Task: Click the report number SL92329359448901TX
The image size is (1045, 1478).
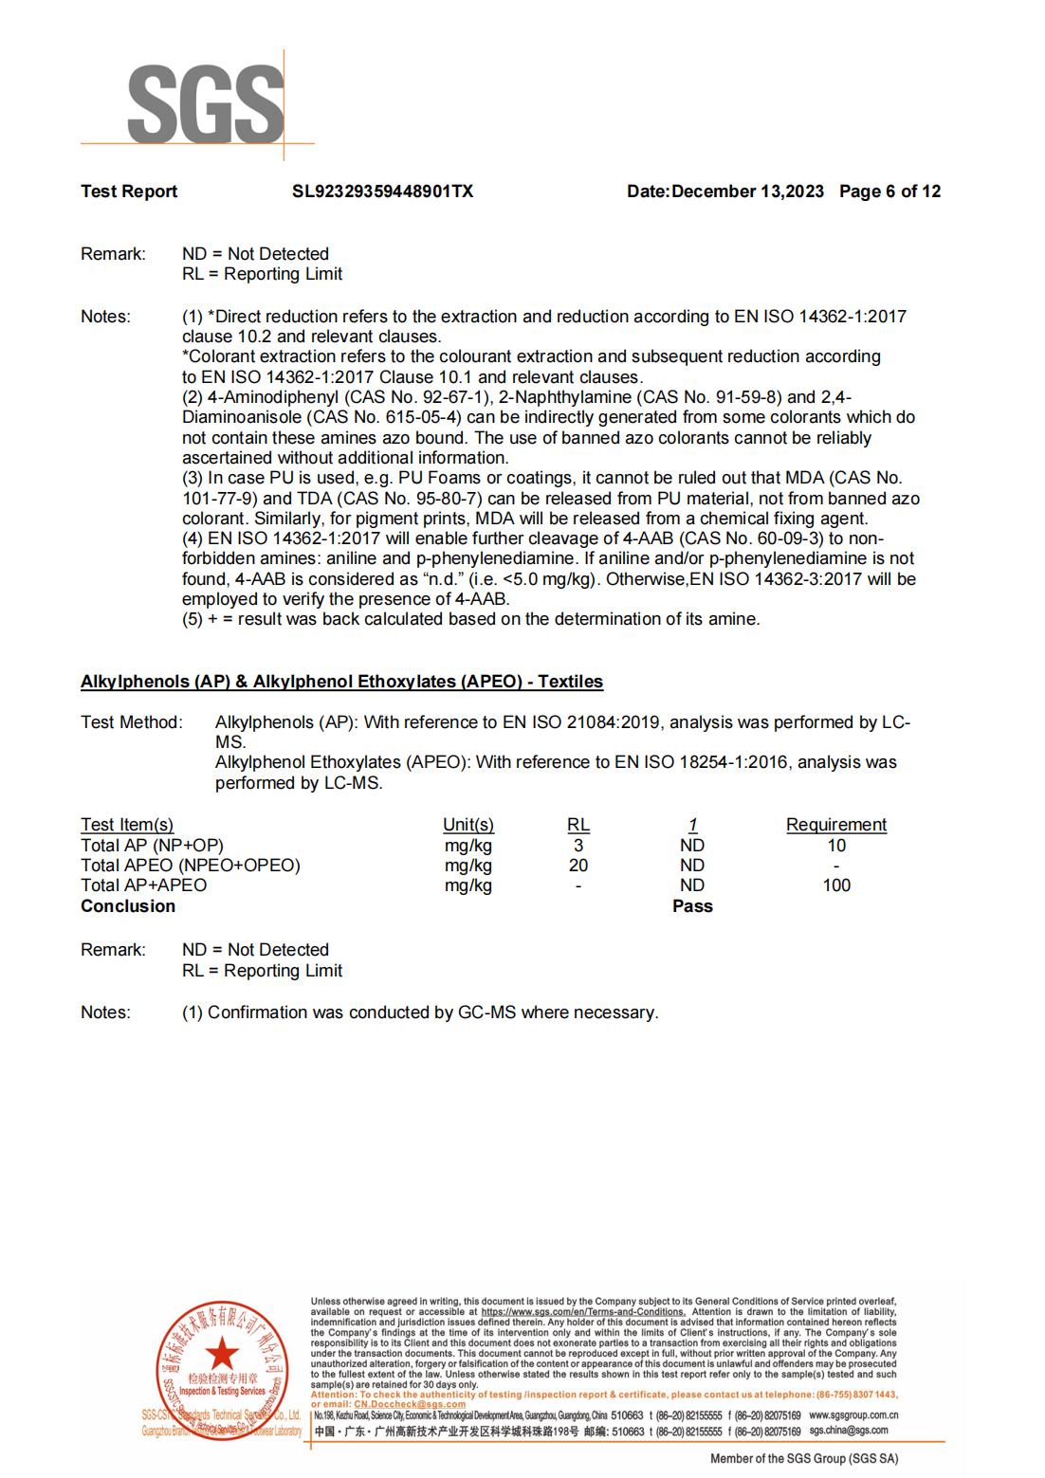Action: (x=382, y=192)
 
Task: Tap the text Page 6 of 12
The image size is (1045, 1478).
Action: (x=889, y=192)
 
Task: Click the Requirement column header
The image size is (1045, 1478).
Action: (x=835, y=825)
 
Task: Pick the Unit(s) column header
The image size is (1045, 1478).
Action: (x=468, y=825)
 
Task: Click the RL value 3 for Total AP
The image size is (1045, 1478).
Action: (x=577, y=846)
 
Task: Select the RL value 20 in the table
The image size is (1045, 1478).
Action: (x=577, y=866)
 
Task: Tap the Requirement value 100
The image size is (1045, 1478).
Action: (x=835, y=885)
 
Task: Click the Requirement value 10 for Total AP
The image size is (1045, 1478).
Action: (x=835, y=846)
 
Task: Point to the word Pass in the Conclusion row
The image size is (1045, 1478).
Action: (x=692, y=906)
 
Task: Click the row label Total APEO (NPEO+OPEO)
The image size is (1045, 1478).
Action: (x=190, y=866)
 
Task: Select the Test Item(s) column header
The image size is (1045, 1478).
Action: (x=127, y=825)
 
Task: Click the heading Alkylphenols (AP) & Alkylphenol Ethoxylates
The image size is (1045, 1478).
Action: (x=341, y=682)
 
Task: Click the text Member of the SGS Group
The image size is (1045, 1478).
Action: (x=804, y=1458)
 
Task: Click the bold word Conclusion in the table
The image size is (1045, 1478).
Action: (x=128, y=906)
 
